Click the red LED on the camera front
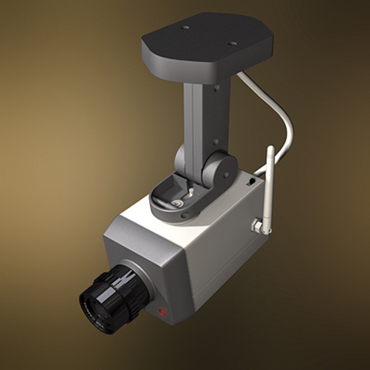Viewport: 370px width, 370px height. click(162, 312)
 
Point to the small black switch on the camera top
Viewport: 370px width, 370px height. click(251, 182)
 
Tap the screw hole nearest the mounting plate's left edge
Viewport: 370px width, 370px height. click(185, 27)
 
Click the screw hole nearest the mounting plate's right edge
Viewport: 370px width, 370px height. click(232, 44)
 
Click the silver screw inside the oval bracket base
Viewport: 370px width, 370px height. click(178, 203)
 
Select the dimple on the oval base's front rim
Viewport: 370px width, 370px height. click(185, 215)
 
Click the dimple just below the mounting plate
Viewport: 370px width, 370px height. click(217, 88)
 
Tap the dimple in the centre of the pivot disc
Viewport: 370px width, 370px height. click(226, 174)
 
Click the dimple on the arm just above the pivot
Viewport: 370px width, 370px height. click(215, 141)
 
